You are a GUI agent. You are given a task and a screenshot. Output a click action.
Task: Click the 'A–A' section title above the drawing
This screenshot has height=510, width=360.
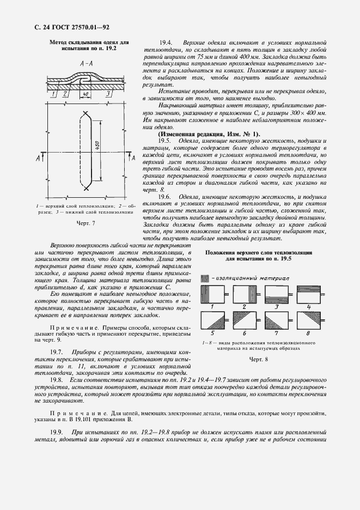(x=86, y=64)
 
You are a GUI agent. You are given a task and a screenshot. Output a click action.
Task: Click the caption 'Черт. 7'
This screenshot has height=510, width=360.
(x=86, y=223)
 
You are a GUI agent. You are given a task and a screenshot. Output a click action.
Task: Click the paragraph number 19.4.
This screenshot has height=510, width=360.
(x=166, y=42)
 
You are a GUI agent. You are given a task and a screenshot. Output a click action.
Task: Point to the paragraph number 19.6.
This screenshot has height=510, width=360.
(x=166, y=196)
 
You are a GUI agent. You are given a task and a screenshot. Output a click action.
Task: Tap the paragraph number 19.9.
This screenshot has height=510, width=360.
(x=56, y=432)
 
